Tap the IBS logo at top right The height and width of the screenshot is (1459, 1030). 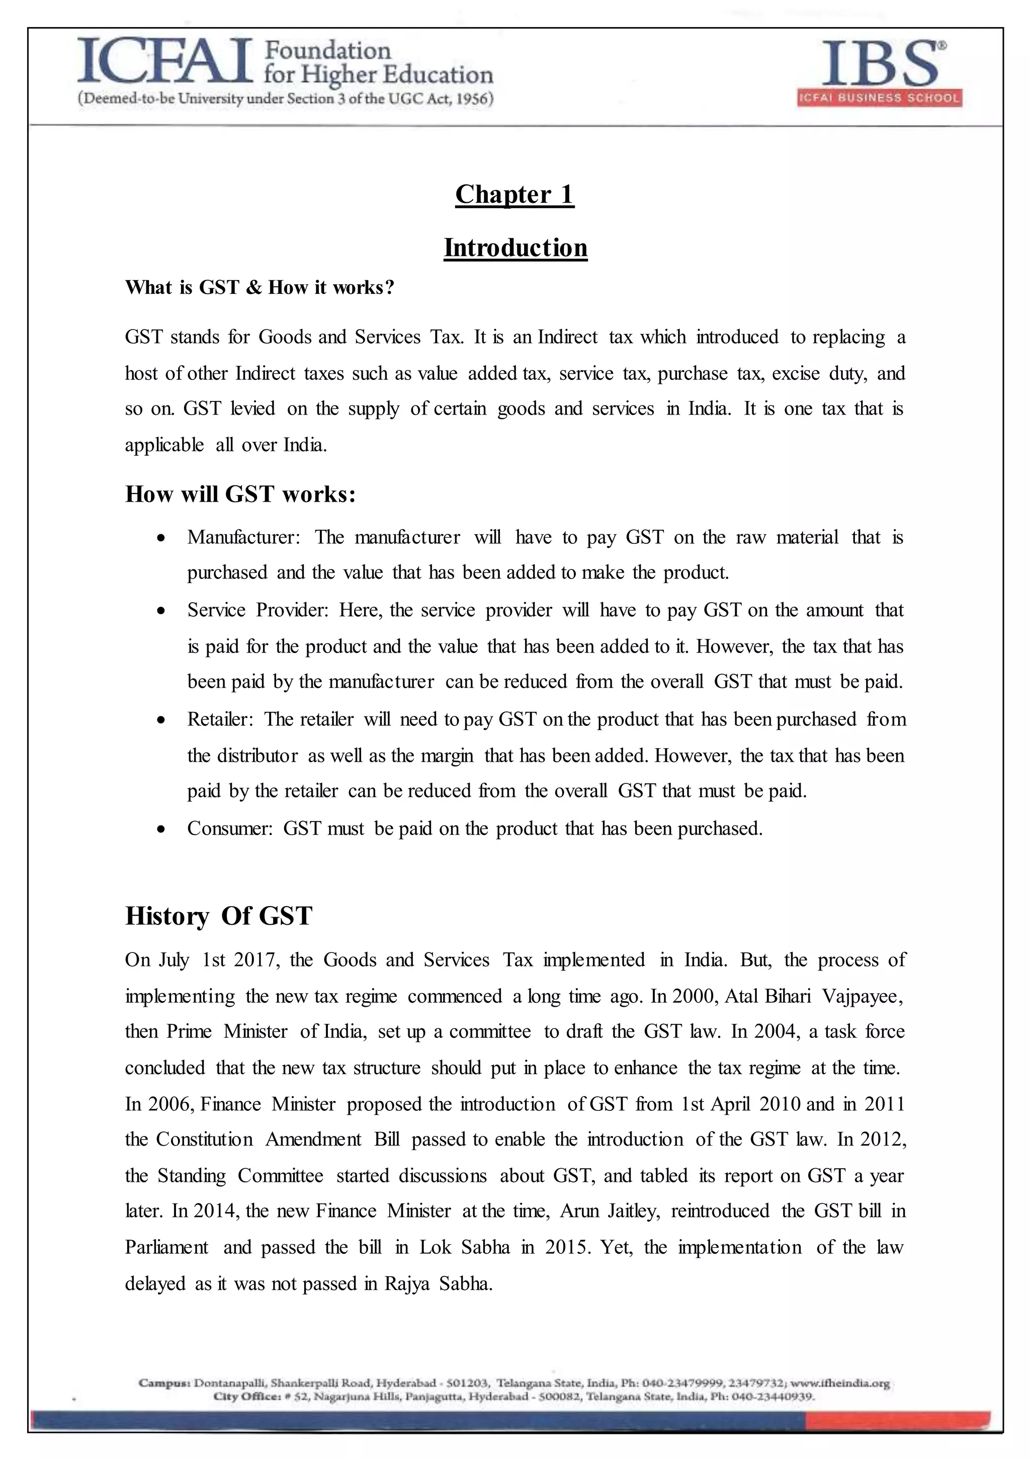880,63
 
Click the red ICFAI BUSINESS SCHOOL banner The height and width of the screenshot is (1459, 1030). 880,98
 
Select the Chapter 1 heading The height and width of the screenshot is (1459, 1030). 514,194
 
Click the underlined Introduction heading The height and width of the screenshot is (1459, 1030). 516,248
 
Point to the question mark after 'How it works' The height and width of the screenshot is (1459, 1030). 389,287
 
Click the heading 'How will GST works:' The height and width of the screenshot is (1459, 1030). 240,494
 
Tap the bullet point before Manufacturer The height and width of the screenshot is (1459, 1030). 162,538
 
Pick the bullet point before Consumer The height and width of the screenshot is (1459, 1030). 162,829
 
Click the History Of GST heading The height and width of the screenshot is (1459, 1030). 219,916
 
